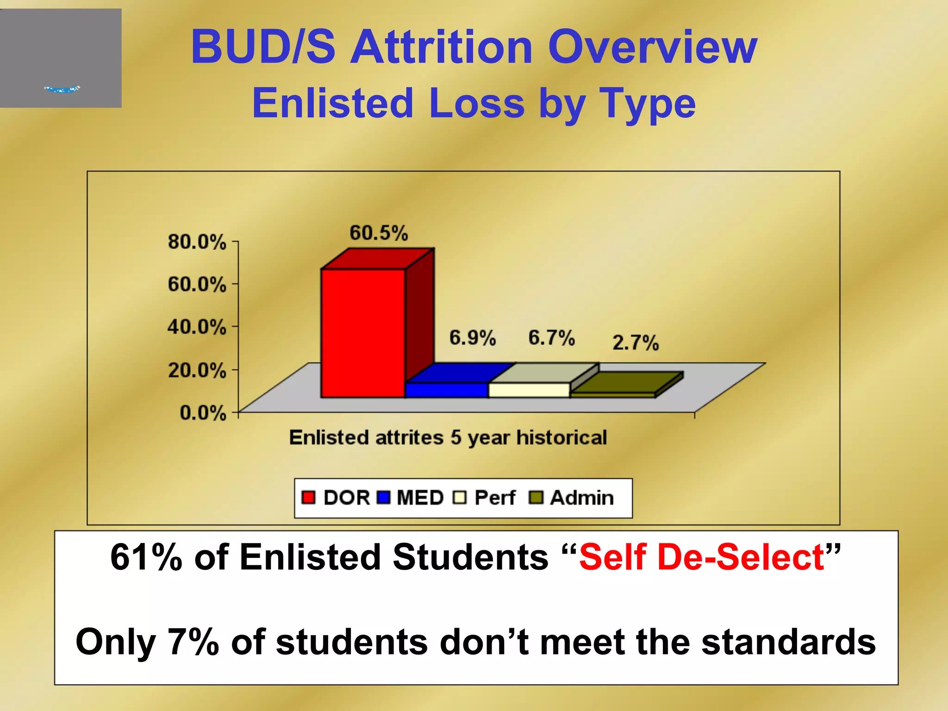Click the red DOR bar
point(363,333)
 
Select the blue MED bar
point(446,390)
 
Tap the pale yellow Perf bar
point(529,390)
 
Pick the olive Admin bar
point(612,395)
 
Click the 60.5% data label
point(379,233)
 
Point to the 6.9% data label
point(473,338)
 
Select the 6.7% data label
point(551,338)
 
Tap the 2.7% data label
point(636,343)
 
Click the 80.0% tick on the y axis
point(197,242)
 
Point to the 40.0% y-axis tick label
point(197,327)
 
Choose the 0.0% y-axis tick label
point(203,412)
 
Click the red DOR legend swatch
point(308,498)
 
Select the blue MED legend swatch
point(384,498)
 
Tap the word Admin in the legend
point(582,498)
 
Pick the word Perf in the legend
point(494,498)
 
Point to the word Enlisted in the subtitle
point(332,103)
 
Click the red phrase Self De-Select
point(701,557)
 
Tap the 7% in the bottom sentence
point(193,642)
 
